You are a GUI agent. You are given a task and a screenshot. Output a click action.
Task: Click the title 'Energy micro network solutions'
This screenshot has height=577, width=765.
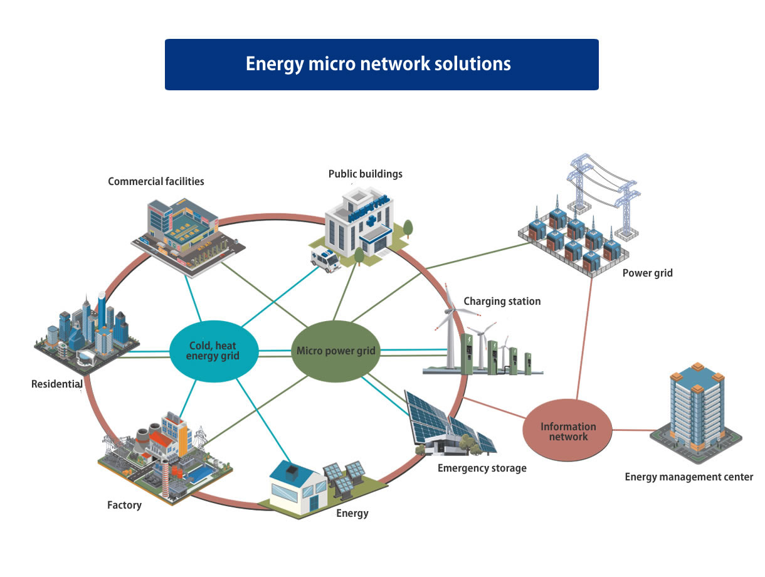point(378,64)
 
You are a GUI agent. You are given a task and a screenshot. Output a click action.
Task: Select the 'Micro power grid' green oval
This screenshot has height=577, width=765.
point(336,351)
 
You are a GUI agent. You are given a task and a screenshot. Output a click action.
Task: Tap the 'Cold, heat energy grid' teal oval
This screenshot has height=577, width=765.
point(213,351)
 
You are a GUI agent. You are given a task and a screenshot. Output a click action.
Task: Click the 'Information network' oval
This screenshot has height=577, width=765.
point(568,431)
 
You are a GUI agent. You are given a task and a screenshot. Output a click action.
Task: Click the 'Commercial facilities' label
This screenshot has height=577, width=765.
point(156,181)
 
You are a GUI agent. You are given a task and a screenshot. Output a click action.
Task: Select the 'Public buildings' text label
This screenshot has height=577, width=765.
point(365,174)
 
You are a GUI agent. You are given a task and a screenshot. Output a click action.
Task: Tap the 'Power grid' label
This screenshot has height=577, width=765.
point(647,273)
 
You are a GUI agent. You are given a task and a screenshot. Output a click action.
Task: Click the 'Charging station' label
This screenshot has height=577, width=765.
point(502,301)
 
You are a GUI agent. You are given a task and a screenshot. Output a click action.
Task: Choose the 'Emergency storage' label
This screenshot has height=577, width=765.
point(482,468)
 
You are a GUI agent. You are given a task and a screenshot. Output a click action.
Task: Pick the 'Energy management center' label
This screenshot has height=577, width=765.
point(688,477)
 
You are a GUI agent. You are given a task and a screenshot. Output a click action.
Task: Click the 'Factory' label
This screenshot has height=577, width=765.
point(124,505)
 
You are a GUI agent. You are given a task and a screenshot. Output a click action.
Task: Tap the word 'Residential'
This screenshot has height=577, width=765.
point(57,384)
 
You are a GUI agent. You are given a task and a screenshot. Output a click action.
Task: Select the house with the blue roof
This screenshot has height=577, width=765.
point(298,487)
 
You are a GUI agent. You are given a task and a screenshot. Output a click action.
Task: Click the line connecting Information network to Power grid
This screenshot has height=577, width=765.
point(584,339)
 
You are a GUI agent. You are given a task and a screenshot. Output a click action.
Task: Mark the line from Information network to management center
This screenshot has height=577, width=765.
point(633,430)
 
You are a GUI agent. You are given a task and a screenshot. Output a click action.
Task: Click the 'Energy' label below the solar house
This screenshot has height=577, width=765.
point(352,514)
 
